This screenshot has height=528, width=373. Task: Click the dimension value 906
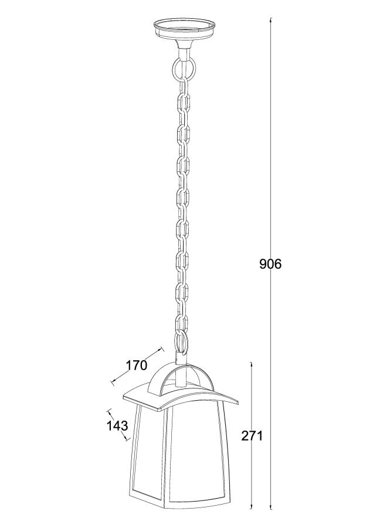coord(270,264)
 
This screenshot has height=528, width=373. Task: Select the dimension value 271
coord(252,436)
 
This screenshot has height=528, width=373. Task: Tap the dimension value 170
coord(136,365)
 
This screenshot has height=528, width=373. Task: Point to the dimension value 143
coord(117,426)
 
